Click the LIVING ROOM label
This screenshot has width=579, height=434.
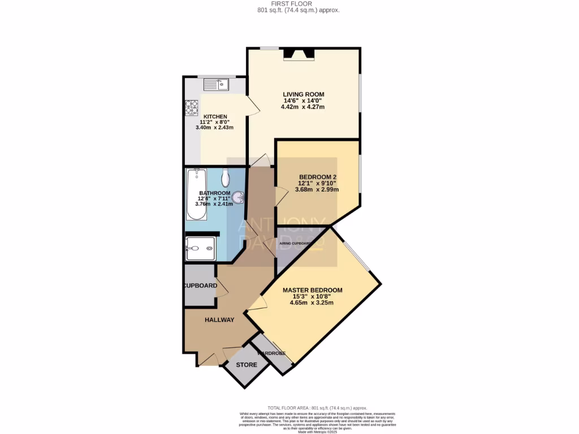tap(304, 94)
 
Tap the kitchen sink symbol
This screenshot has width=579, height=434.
tap(215, 85)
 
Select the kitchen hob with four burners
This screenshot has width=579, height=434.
tap(191, 107)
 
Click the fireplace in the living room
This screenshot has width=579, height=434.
tap(299, 54)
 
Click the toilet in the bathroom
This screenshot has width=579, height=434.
tap(226, 178)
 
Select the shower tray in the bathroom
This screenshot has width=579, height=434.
tap(200, 247)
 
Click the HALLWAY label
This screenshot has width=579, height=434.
tap(219, 320)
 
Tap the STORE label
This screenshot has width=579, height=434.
tap(246, 365)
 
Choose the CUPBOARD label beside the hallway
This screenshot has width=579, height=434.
tap(200, 286)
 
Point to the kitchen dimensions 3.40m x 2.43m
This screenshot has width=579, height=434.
tap(214, 128)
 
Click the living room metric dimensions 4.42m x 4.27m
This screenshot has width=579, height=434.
tap(304, 107)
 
